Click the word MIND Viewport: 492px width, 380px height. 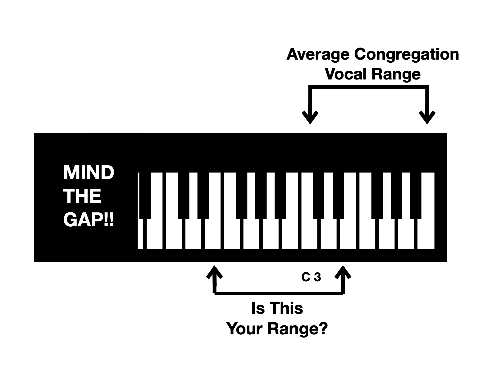[89, 173]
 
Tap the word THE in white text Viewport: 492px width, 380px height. [82, 196]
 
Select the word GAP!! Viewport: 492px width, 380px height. [89, 220]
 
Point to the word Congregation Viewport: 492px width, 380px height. [406, 54]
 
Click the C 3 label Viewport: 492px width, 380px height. [311, 277]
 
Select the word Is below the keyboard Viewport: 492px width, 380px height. [257, 308]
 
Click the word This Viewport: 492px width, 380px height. [286, 308]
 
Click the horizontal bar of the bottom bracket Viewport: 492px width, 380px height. [279, 293]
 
